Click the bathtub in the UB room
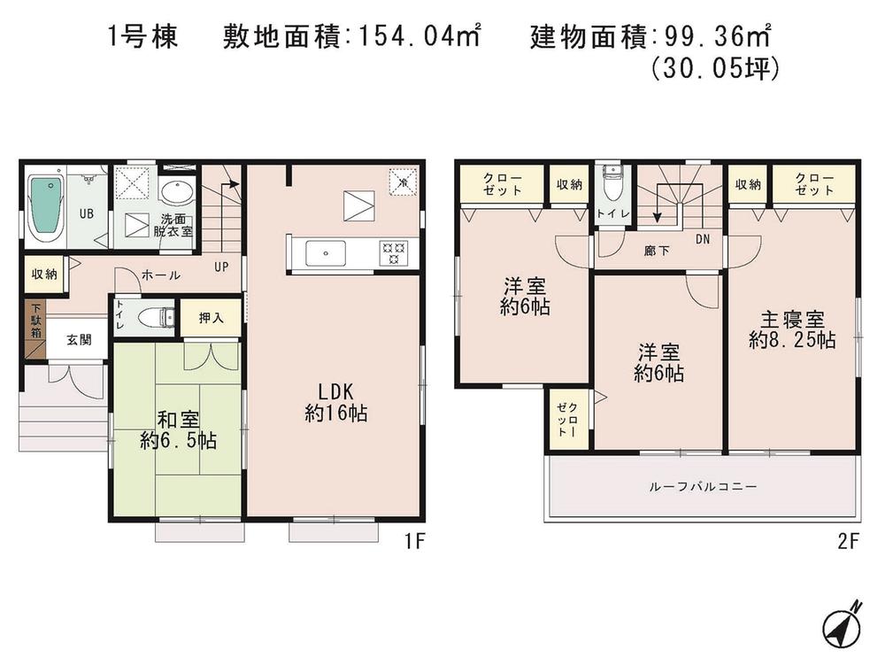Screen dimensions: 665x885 click(x=45, y=208)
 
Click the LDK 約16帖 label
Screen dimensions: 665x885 click(x=336, y=401)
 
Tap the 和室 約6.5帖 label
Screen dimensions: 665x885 click(x=177, y=429)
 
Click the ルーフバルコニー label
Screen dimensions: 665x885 click(x=703, y=486)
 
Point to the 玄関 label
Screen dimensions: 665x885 click(x=67, y=340)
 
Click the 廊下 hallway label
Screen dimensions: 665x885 click(x=657, y=251)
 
